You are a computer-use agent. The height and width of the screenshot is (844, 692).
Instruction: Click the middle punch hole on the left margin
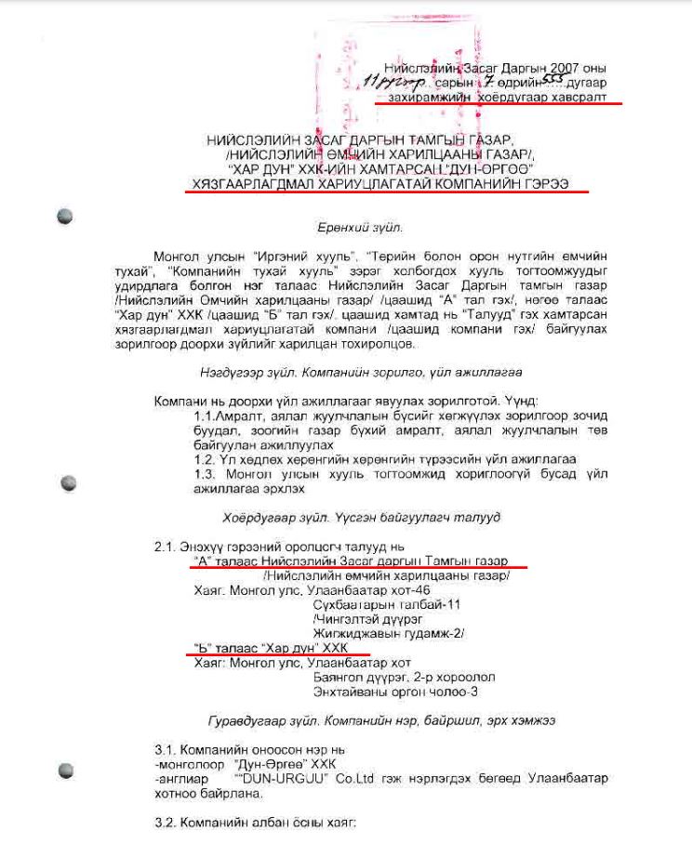(67, 483)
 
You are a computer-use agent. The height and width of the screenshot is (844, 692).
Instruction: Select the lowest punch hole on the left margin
(65, 770)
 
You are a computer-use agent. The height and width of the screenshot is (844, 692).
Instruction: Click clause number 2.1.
(166, 547)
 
